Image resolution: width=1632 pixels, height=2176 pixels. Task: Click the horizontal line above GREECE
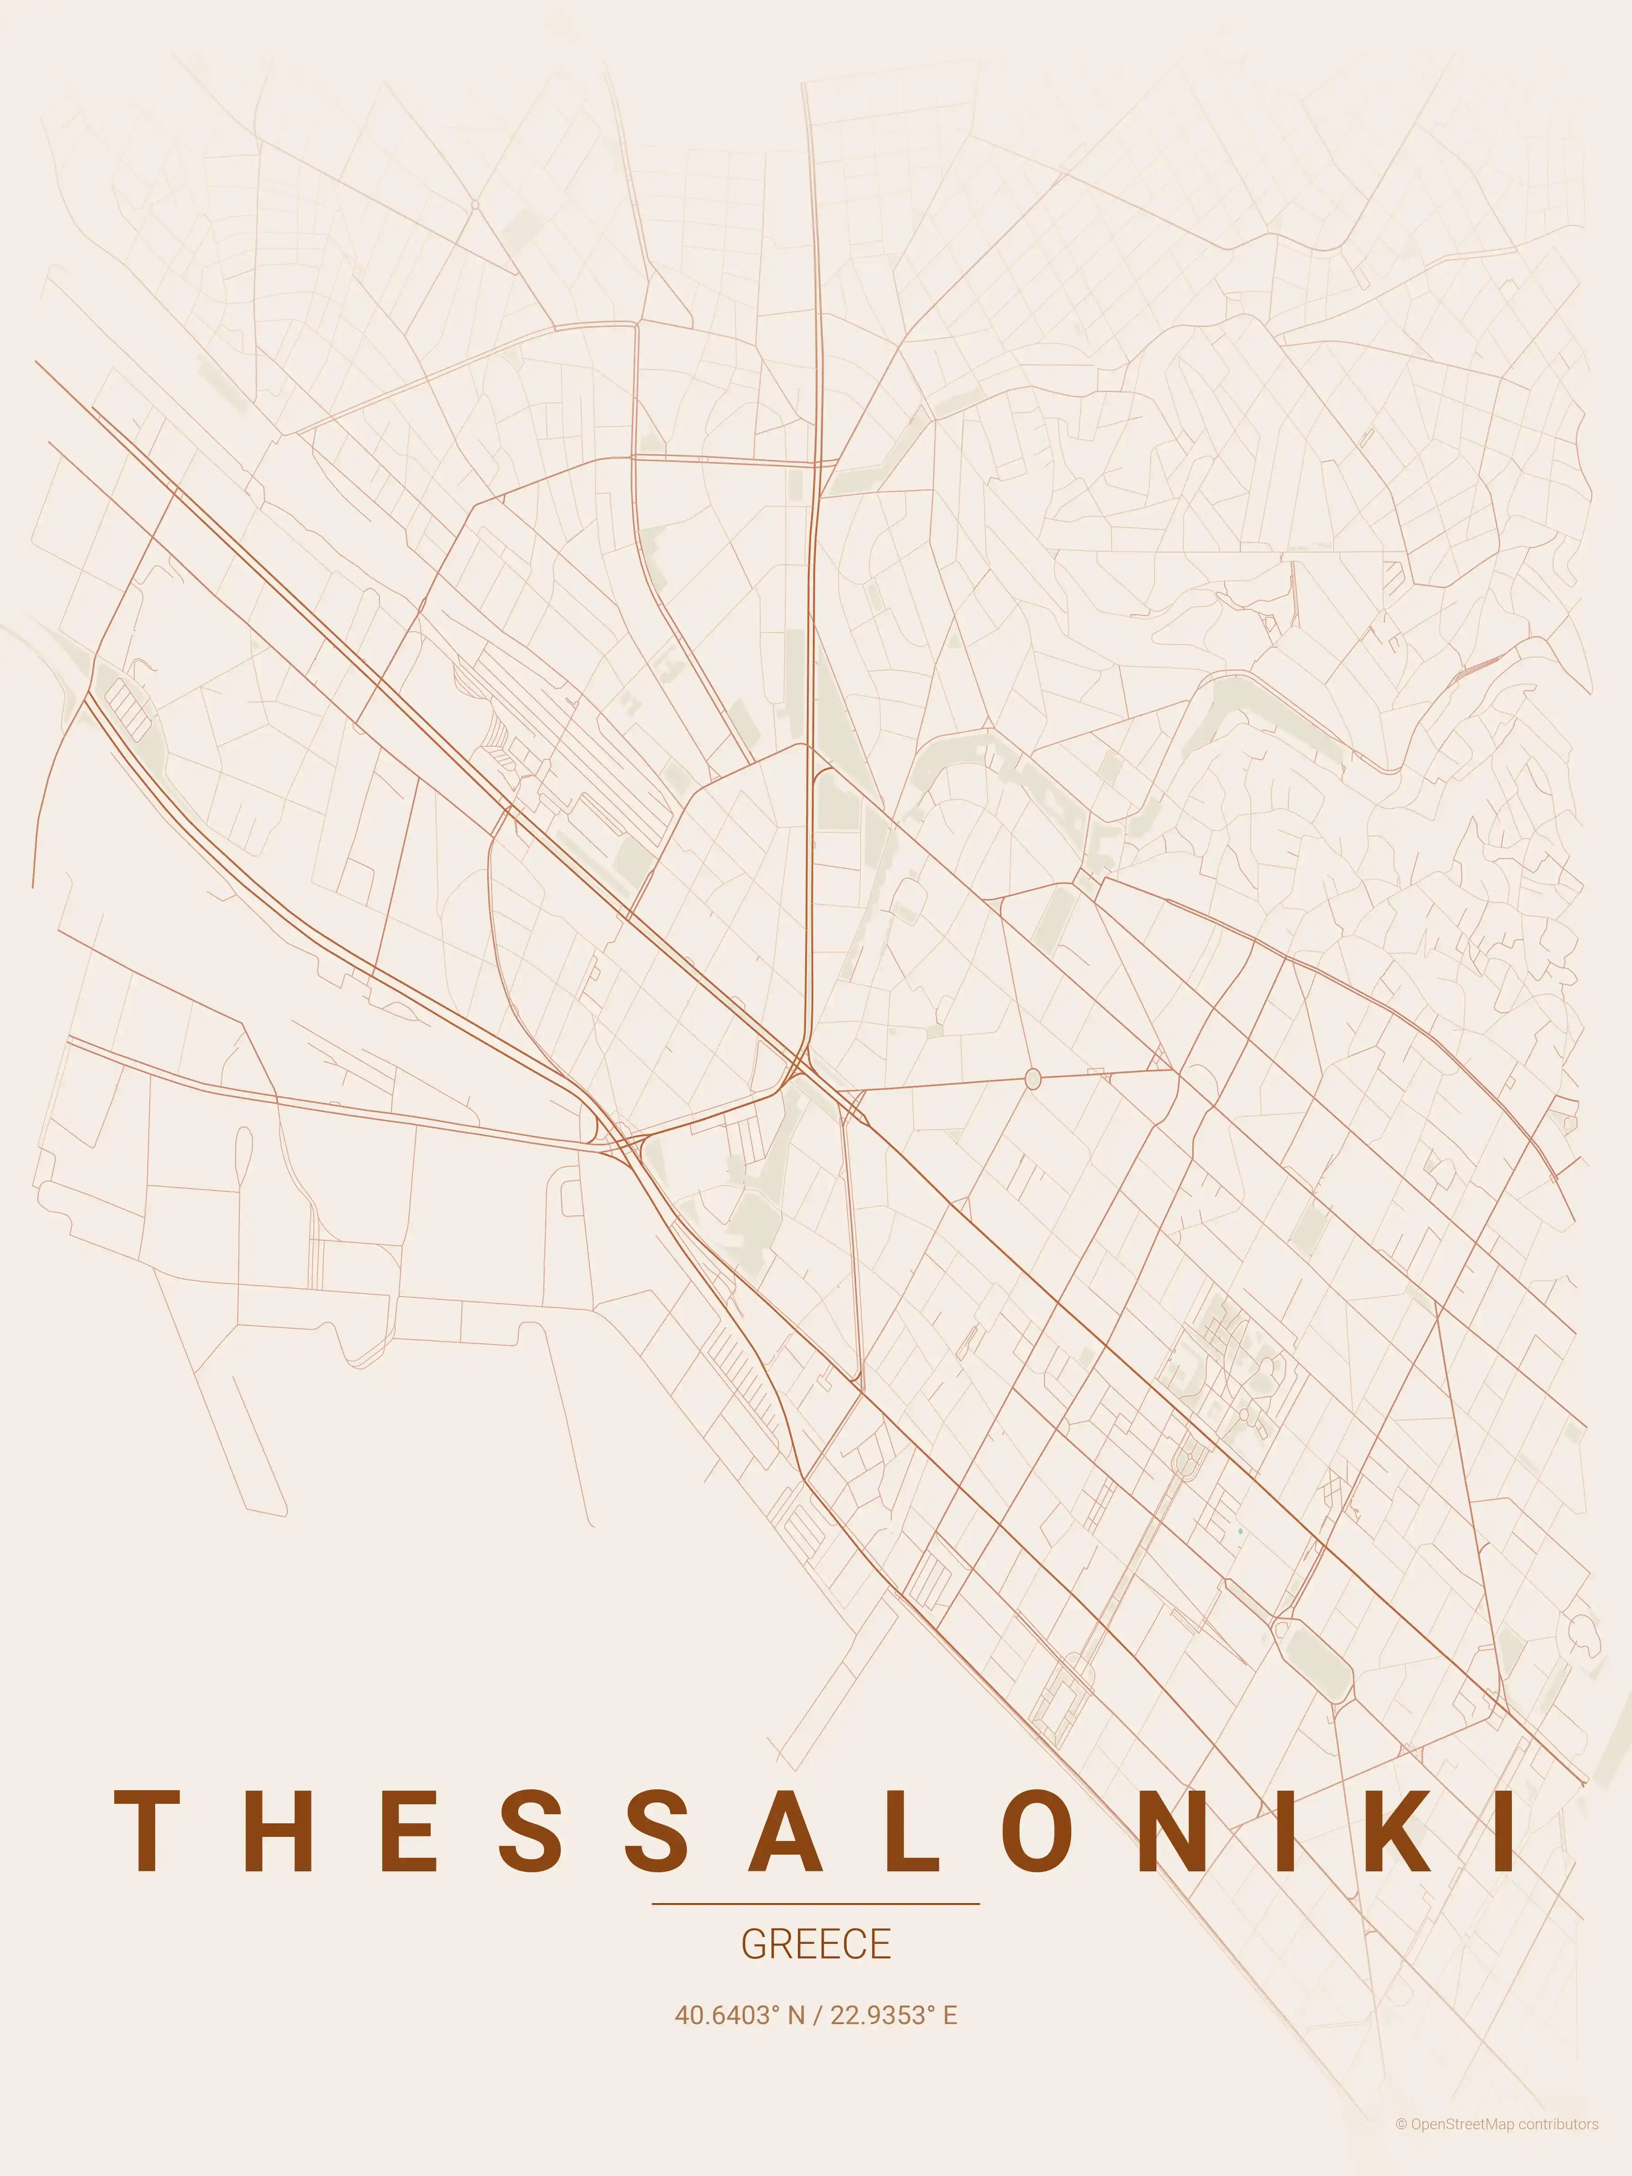click(816, 1904)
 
